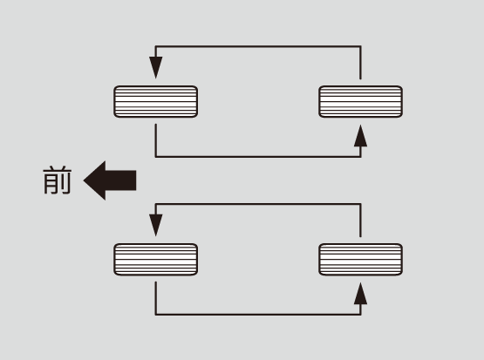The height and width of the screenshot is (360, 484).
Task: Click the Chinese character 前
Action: coord(58,180)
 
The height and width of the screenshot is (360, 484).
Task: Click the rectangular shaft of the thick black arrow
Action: coord(120,180)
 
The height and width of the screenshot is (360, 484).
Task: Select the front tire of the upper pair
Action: coord(155,101)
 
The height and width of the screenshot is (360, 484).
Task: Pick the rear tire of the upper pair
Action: coord(360,101)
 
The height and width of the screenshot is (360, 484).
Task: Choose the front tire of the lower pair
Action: coord(155,259)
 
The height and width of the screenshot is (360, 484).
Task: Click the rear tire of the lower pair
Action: coord(360,259)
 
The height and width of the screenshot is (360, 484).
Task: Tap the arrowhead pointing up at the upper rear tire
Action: coord(360,136)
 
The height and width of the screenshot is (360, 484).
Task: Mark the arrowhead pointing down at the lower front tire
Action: coord(156,225)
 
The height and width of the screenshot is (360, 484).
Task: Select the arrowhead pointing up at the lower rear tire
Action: coord(360,294)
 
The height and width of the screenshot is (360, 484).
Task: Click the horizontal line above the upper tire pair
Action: coord(258,46)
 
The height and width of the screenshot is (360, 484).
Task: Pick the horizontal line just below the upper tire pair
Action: coord(258,157)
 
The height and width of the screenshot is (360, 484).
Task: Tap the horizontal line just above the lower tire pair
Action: coord(258,204)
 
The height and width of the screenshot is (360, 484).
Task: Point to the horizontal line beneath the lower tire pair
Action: coord(258,315)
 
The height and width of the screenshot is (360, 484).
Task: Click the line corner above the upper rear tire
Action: coord(360,46)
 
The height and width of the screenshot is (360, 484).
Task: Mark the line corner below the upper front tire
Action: coord(156,157)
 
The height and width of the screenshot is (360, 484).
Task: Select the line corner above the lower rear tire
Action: coord(360,204)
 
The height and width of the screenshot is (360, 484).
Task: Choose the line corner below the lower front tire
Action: coord(156,315)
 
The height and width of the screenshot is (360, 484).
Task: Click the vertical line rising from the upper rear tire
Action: coord(360,63)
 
